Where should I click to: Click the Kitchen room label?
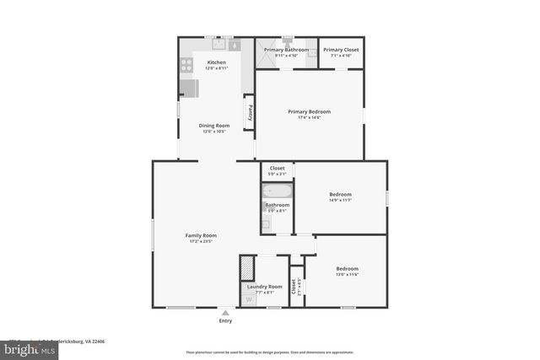click(216, 62)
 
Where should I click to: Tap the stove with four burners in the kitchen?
click(186, 63)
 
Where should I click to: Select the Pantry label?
click(249, 111)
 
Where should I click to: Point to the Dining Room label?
click(214, 126)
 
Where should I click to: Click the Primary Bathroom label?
click(286, 50)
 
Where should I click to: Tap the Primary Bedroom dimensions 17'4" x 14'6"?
click(309, 117)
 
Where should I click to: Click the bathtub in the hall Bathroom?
click(277, 191)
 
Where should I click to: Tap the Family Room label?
click(202, 235)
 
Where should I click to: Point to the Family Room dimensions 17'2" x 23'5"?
click(202, 242)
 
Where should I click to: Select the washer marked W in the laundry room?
click(249, 298)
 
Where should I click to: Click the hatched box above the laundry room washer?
click(247, 268)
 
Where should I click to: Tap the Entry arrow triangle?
click(225, 313)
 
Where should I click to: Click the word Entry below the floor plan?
click(225, 321)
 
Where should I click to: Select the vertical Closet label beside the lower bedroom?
click(294, 287)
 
